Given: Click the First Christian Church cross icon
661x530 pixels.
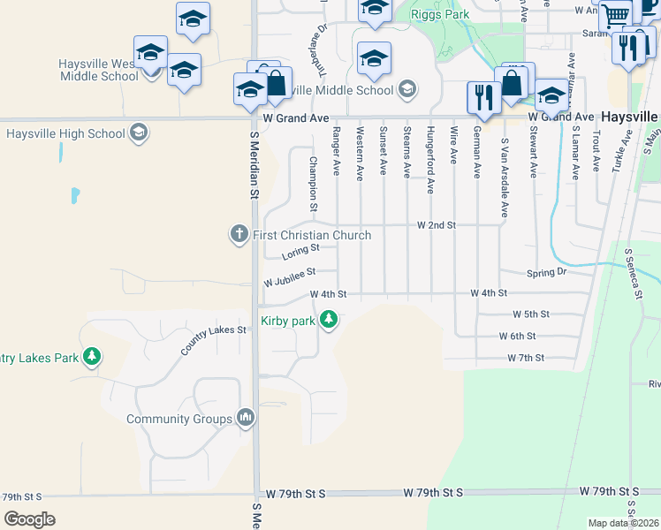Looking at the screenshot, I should click(239, 234).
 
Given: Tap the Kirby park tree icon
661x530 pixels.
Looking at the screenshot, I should click(330, 319).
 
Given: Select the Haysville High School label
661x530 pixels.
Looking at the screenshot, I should click(65, 134).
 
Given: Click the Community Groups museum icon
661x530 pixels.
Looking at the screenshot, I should click(247, 417).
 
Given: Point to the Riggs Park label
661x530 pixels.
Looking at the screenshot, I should click(444, 14).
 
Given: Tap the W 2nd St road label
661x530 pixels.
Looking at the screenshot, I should click(436, 225).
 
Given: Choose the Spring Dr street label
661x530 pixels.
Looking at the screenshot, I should click(546, 273).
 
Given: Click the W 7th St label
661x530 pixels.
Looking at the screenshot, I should click(526, 358).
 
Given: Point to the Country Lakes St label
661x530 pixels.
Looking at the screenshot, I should click(213, 340).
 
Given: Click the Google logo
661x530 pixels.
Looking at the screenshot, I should click(29, 519).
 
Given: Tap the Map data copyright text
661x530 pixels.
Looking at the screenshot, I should click(624, 523).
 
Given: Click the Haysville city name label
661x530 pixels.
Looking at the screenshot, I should click(630, 117).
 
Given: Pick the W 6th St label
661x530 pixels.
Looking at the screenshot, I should click(518, 337).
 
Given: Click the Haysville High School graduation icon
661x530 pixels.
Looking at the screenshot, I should click(138, 134).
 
